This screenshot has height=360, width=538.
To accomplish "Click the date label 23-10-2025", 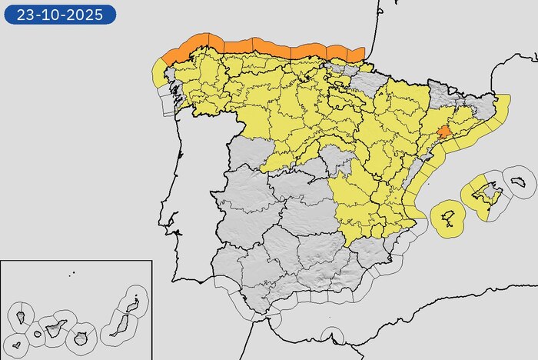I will point(59,14).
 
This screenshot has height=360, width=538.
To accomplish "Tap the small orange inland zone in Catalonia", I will point(443,132).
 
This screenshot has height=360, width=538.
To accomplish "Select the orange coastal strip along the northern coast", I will point(261,47).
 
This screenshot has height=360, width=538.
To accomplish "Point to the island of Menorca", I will point(518,181).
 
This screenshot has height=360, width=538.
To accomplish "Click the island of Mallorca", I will point(482,193).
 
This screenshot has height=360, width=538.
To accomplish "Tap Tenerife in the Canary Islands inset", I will point(55,329).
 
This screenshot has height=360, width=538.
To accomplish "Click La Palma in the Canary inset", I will point(21,315).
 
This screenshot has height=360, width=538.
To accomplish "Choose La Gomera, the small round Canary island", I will point(35,335).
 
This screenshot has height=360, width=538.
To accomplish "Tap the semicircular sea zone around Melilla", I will point(331,335).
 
